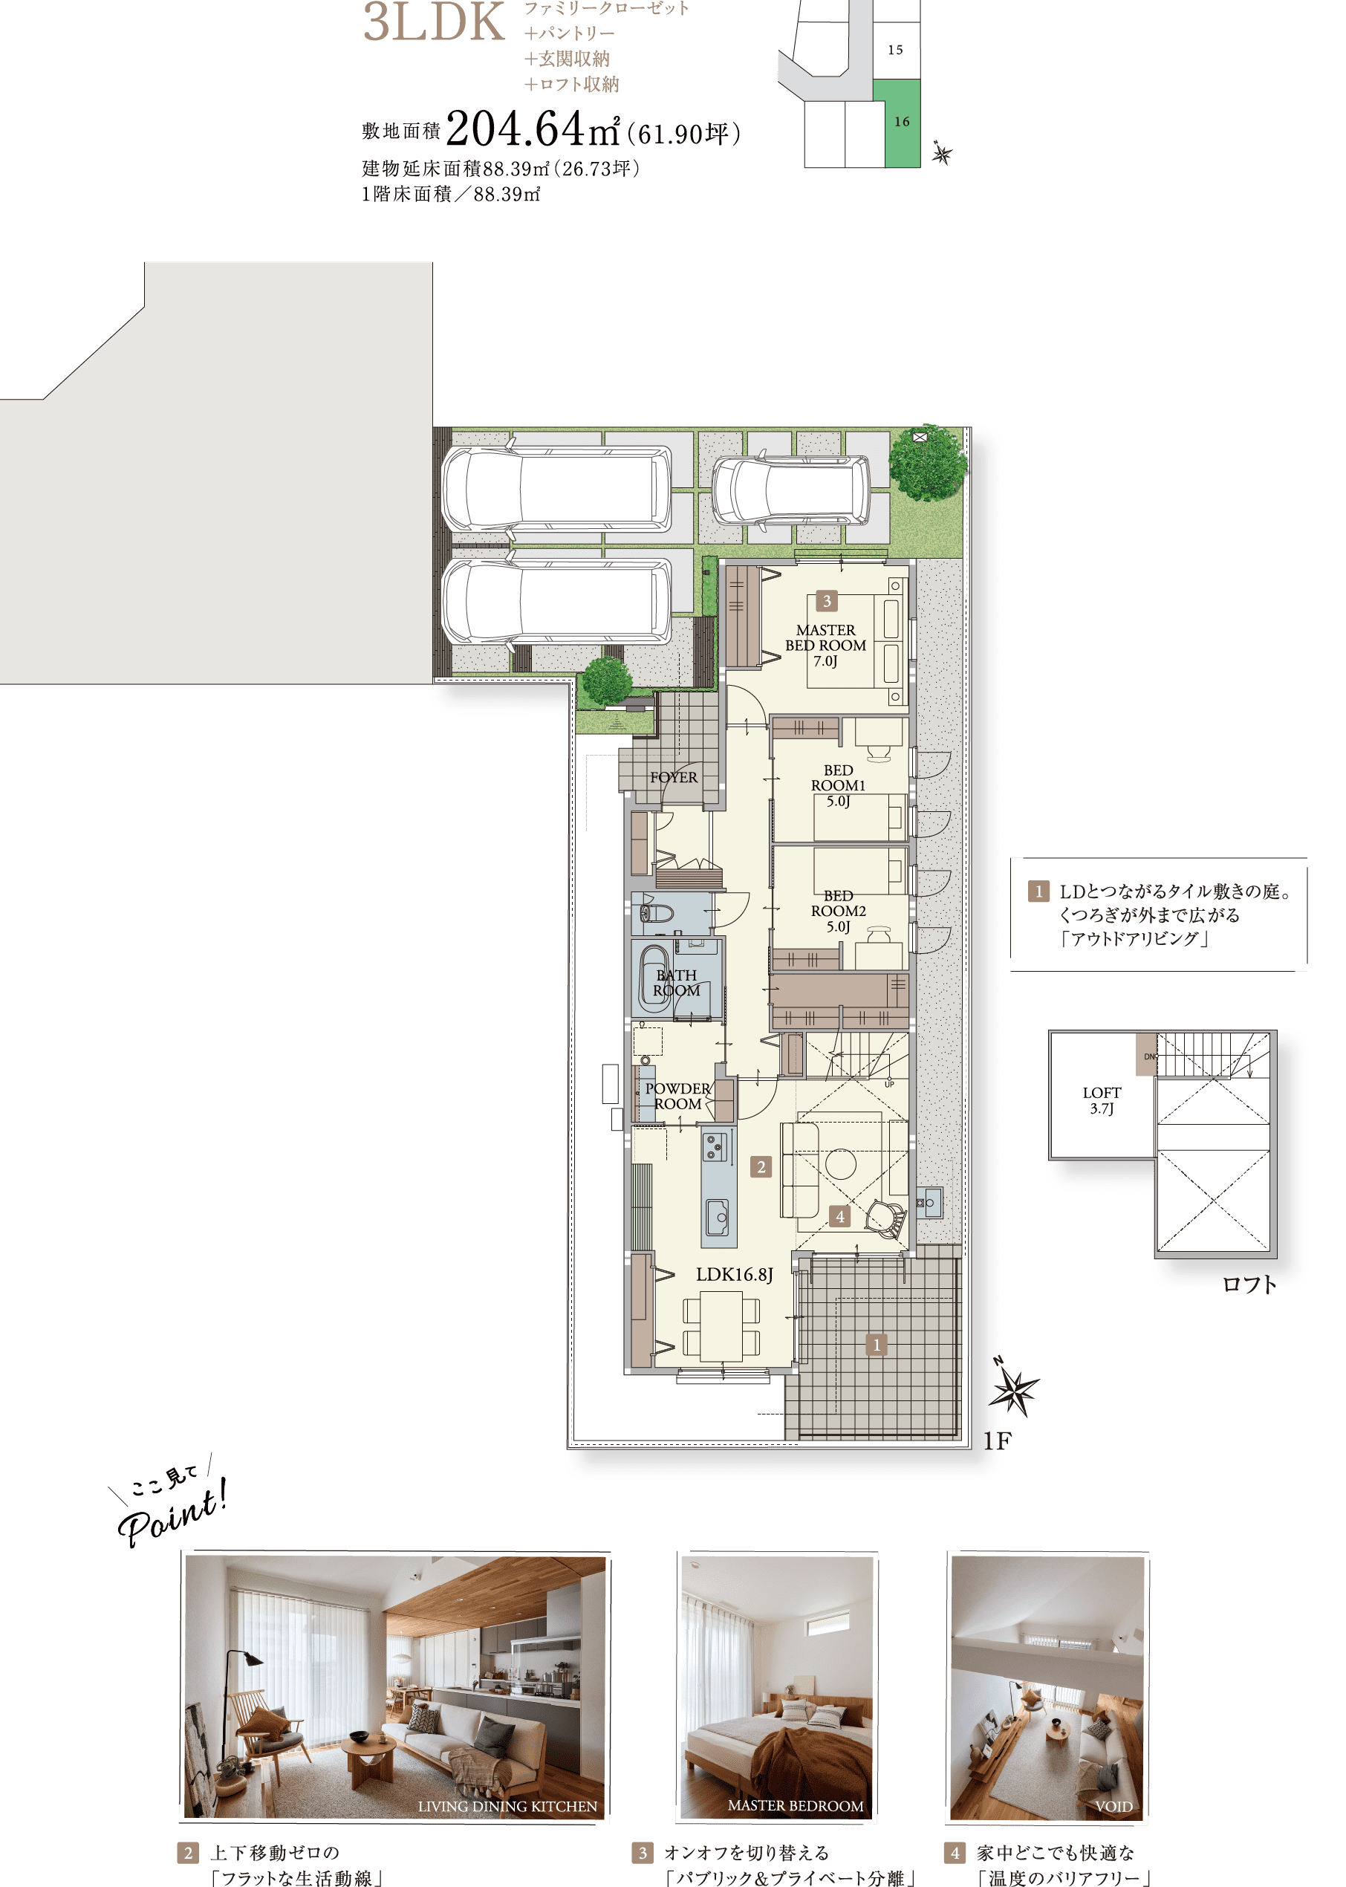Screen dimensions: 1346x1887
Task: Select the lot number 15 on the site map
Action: tap(895, 50)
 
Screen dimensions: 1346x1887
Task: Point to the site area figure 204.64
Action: tap(515, 129)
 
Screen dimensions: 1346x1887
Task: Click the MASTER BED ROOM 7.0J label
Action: tap(825, 646)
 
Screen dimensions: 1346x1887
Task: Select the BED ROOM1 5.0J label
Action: tap(838, 785)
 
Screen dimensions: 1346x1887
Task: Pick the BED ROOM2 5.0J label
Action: tap(838, 911)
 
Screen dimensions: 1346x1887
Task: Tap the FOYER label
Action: tap(674, 777)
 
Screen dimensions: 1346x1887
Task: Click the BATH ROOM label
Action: tap(676, 983)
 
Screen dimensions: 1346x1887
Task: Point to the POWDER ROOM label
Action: tap(678, 1097)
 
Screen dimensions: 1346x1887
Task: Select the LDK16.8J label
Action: tap(735, 1275)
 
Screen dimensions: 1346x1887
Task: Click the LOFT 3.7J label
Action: tap(1102, 1100)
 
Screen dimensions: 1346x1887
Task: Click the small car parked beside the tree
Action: tap(792, 490)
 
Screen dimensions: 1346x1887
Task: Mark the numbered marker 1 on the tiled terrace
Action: tap(876, 1344)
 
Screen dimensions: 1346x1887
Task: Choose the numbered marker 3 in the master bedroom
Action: tap(826, 601)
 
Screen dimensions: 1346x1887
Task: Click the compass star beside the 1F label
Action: tap(1014, 1390)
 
